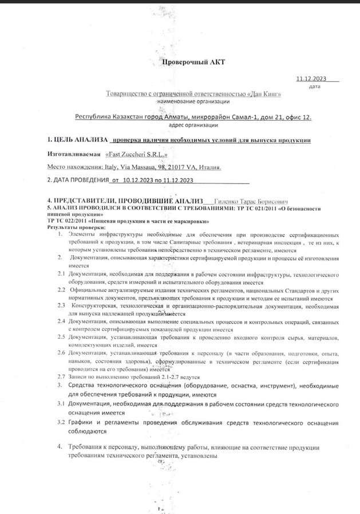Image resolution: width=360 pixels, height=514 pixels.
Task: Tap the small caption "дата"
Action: [314, 87]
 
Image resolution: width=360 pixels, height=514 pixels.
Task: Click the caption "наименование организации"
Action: [195, 101]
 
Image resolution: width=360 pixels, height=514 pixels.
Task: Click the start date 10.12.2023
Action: [139, 180]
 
